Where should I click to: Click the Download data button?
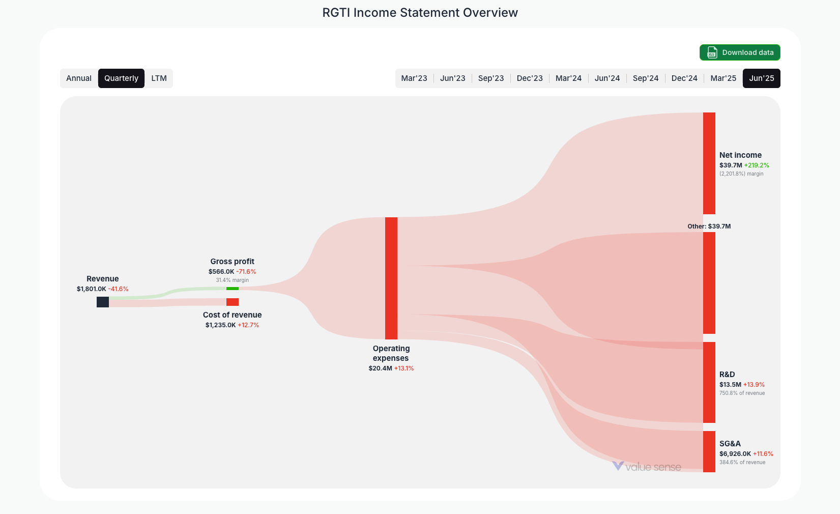click(739, 52)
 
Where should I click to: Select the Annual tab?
click(79, 78)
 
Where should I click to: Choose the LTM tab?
click(159, 78)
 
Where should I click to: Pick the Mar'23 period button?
click(414, 78)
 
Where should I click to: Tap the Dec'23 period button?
click(530, 78)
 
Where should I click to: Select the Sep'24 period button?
click(646, 78)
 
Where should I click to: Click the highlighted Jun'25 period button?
click(761, 78)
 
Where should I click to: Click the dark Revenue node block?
click(103, 302)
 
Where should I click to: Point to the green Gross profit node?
click(233, 289)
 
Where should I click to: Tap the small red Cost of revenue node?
click(233, 302)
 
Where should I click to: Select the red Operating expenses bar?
click(391, 278)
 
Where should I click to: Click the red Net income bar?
click(709, 163)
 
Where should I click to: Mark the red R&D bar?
click(709, 382)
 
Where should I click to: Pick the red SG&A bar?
click(709, 451)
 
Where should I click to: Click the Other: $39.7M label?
click(709, 226)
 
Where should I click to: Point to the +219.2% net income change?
click(757, 165)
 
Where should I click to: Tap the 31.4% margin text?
click(233, 280)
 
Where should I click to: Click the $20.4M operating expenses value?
click(381, 368)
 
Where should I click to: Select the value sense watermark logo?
click(647, 467)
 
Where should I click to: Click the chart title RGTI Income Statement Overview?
click(420, 13)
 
